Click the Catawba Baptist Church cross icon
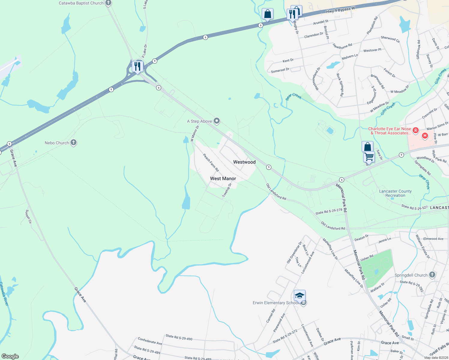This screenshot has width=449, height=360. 108,3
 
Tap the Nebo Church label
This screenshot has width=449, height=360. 57,143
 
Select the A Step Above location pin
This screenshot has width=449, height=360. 217,121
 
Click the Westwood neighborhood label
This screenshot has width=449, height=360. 244,162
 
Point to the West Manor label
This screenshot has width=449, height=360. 223,178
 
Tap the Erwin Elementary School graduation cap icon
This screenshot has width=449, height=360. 300,296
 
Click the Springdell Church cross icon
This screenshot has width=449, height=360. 432,275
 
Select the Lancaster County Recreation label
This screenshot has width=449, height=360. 395,193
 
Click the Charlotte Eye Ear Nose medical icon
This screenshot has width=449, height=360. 416,130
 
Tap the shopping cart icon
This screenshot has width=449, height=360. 369,156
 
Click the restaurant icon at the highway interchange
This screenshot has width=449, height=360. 137,66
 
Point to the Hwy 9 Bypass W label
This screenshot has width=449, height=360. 340,10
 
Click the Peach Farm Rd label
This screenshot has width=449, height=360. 211,163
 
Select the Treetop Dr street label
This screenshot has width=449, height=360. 227,190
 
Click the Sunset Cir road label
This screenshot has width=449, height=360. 28,216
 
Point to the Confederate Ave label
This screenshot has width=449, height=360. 150,341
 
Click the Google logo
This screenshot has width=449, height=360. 10,356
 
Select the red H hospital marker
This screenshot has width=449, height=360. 425,136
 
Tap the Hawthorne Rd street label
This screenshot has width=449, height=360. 342,46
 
